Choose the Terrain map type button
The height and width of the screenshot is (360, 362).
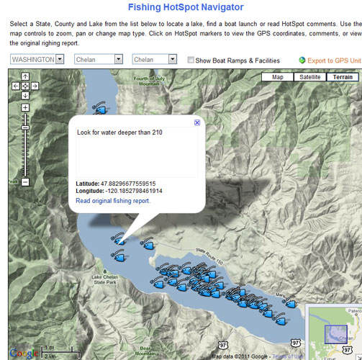(343, 77)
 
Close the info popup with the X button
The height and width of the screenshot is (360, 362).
(197, 123)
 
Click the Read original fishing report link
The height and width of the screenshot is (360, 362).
(113, 201)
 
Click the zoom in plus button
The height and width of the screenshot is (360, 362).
(25, 108)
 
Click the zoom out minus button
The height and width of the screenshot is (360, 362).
(25, 182)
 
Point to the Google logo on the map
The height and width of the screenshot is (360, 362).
(24, 353)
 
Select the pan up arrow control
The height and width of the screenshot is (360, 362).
(25, 76)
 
